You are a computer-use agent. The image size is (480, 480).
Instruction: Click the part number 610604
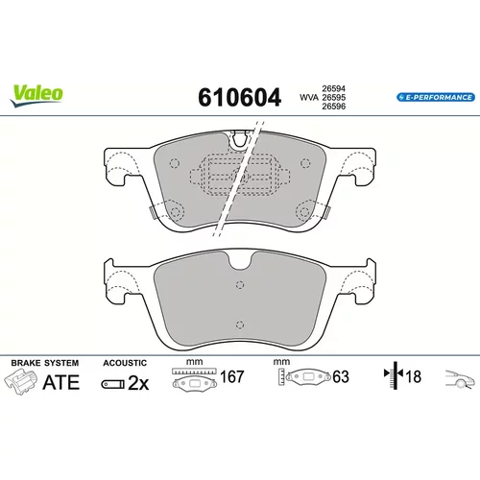point(239,97)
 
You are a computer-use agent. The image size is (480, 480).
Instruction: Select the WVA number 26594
point(333,88)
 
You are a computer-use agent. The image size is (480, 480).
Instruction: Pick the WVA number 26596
point(333,107)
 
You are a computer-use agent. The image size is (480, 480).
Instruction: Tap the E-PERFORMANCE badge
point(436,97)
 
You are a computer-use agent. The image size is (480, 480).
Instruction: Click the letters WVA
point(309,98)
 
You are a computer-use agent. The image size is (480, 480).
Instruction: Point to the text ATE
point(60,382)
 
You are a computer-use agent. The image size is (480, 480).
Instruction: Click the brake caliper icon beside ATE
point(20,381)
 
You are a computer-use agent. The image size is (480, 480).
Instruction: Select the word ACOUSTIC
point(125,363)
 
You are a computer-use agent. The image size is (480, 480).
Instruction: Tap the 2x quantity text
point(138,383)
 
